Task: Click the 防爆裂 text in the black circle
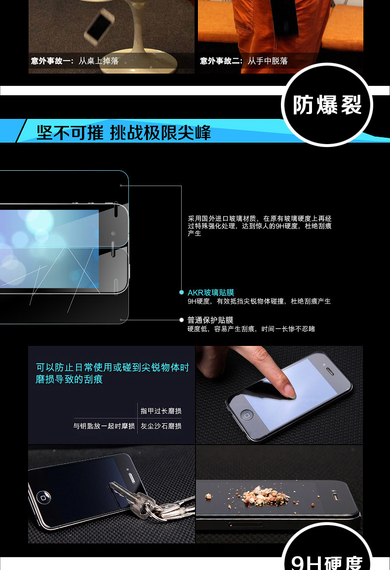[x=327, y=105]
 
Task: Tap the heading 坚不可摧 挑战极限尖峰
[x=124, y=132]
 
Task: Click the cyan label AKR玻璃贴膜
[x=211, y=293]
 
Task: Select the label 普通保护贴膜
[x=210, y=320]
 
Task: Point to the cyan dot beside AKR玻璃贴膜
[x=182, y=293]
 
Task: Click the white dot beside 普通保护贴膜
[x=182, y=320]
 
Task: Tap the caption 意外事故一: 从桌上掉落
[x=75, y=61]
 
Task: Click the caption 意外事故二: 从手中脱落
[x=244, y=61]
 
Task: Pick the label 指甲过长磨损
[x=161, y=411]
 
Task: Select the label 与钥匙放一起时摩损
[x=104, y=426]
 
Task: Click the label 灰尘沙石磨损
[x=161, y=426]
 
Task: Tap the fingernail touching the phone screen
[x=290, y=390]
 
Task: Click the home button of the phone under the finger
[x=247, y=415]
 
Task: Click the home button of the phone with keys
[x=43, y=497]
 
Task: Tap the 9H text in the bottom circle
[x=307, y=563]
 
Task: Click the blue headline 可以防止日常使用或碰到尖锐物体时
[x=113, y=368]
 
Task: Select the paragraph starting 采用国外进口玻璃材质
[x=259, y=226]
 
